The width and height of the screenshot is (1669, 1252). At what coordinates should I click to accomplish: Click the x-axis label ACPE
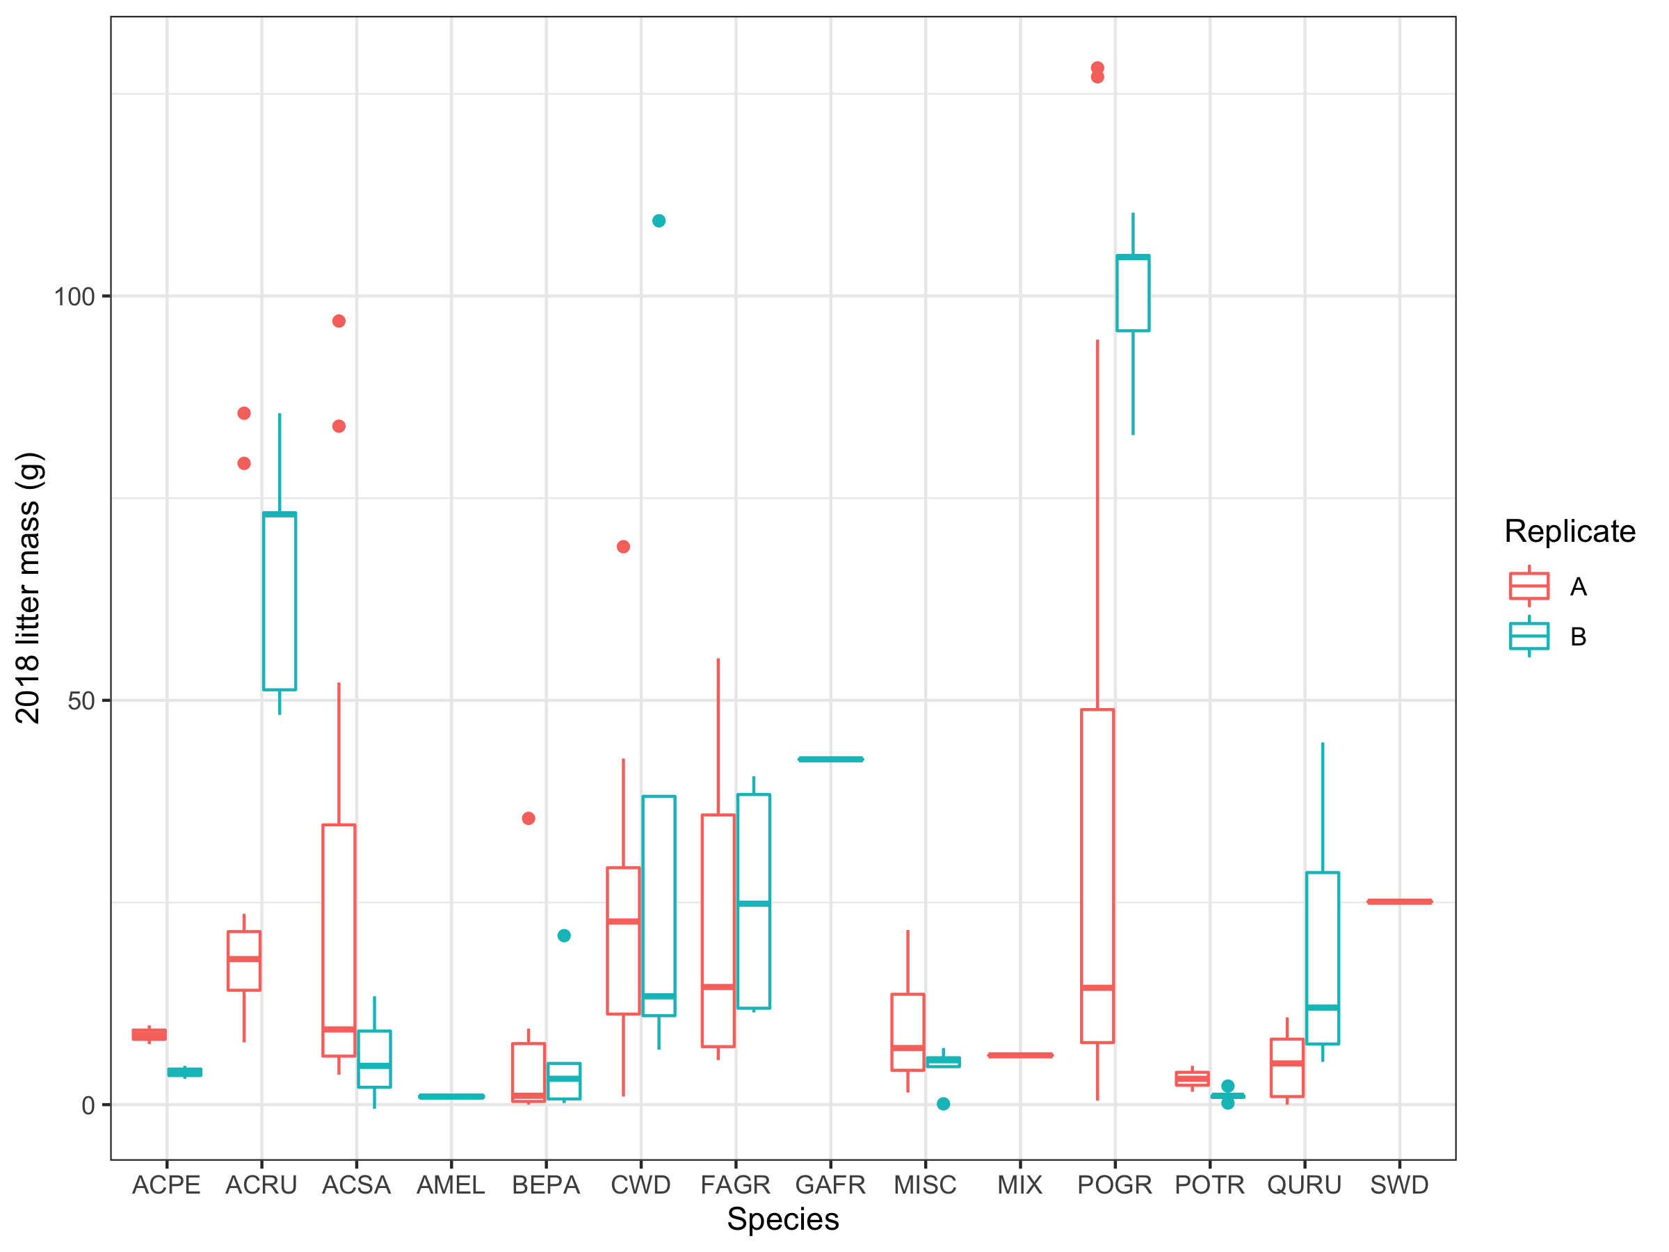166,1185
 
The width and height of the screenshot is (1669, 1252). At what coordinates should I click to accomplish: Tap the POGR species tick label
1115,1185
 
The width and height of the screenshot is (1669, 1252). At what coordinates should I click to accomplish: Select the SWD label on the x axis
1399,1185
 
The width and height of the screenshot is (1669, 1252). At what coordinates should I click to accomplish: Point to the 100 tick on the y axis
74,296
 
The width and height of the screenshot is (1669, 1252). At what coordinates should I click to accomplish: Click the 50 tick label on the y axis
81,701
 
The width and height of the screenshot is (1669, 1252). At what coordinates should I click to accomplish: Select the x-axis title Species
782,1219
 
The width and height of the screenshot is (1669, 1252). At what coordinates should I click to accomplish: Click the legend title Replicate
1570,531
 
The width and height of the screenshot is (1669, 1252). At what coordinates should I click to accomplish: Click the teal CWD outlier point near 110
659,221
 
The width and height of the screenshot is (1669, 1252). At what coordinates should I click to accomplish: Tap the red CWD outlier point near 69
623,547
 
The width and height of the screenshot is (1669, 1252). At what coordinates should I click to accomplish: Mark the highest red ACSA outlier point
339,321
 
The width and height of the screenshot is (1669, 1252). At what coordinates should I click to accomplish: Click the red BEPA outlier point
528,818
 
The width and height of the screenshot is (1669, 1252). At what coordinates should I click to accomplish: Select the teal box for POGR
1133,294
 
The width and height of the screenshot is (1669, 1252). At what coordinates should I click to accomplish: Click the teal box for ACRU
279,602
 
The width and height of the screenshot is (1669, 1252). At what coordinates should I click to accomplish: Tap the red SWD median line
1399,901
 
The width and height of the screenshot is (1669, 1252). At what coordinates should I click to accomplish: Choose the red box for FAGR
718,931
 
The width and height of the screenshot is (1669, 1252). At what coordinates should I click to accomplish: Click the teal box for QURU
1322,958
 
